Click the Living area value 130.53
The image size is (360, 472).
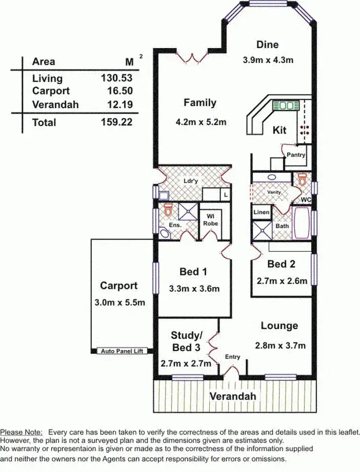point(117,78)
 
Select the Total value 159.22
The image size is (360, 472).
point(117,122)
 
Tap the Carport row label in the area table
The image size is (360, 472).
point(51,91)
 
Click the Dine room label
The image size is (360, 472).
point(267,45)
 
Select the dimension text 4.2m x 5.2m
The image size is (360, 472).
point(201,122)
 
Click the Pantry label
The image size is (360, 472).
point(296,155)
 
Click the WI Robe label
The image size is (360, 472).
point(210,220)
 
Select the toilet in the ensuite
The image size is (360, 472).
point(168,210)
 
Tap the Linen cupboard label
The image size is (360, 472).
point(261,212)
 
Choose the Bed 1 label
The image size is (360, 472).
point(193,272)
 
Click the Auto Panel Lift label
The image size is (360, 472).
point(122,351)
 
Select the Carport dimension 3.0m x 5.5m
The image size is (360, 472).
point(119,303)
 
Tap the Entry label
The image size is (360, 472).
point(232,357)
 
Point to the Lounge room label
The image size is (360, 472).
point(279,326)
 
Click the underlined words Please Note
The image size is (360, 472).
point(21,433)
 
